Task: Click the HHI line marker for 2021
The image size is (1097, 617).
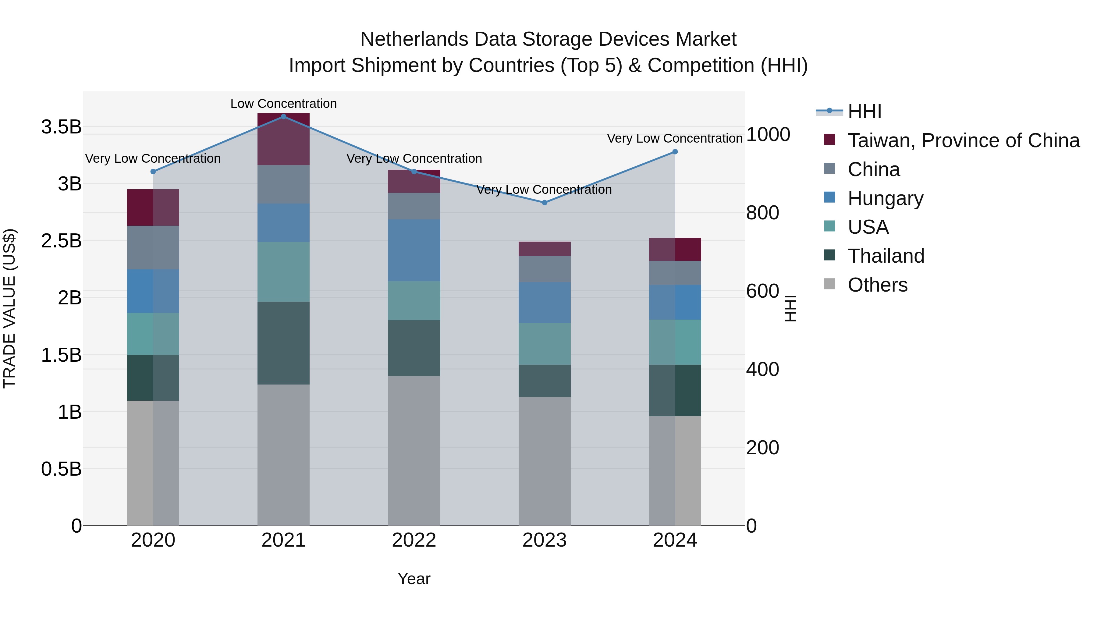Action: click(284, 117)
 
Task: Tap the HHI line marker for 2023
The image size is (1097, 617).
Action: click(544, 203)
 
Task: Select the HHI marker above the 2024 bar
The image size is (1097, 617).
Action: click(675, 152)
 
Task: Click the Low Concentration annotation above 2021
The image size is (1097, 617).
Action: click(284, 104)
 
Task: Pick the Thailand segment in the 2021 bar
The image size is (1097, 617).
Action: click(284, 343)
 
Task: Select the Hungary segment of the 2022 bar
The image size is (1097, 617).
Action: click(414, 250)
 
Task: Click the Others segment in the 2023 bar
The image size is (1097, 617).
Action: click(544, 461)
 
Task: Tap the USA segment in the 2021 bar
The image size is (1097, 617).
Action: click(284, 272)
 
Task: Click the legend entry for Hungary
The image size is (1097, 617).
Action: click(885, 198)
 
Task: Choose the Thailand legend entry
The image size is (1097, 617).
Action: click(886, 256)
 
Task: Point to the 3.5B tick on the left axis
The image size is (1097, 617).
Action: click(61, 127)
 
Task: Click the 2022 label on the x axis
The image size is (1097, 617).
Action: click(414, 540)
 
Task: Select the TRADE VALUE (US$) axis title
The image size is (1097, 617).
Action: click(9, 308)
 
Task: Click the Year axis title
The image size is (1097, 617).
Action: click(414, 579)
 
